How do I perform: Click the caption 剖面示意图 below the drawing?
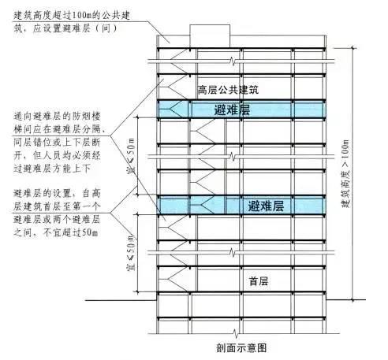pos(241,348)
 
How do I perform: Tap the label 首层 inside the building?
pos(259,281)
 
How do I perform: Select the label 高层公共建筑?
pos(228,90)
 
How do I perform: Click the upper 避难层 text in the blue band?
pos(232,109)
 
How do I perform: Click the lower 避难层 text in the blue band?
pos(266,206)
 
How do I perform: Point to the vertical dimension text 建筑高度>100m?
pos(345,173)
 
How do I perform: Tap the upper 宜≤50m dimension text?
pos(132,156)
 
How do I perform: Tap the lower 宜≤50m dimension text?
pos(131,253)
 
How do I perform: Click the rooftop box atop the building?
pos(210,36)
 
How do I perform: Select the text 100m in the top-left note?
pos(81,16)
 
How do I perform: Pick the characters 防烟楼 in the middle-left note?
pos(86,117)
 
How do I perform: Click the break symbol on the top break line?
pos(232,61)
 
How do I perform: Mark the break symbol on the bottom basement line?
pos(236,334)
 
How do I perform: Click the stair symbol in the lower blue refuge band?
pos(206,205)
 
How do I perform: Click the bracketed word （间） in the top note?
pos(106,28)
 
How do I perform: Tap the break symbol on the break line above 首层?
pos(232,253)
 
